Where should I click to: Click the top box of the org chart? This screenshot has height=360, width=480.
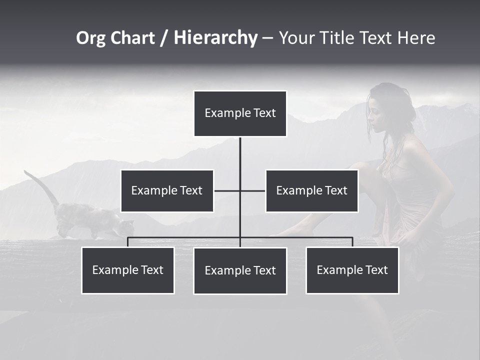[x=240, y=113]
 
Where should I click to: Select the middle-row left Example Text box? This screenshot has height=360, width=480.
[x=167, y=190]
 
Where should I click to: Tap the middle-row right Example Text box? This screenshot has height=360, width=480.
[x=311, y=190]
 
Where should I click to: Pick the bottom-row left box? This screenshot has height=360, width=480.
[x=127, y=270]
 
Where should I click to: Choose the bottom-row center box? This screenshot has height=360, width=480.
[x=240, y=270]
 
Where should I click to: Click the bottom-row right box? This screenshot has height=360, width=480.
[x=352, y=270]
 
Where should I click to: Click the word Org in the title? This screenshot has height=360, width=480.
[x=91, y=38]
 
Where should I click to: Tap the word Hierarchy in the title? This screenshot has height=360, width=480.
[x=215, y=38]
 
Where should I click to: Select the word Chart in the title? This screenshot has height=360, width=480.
[x=133, y=38]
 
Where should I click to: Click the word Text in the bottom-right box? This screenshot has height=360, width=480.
[x=376, y=270]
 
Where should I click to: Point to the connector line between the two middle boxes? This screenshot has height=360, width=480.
[x=240, y=190]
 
